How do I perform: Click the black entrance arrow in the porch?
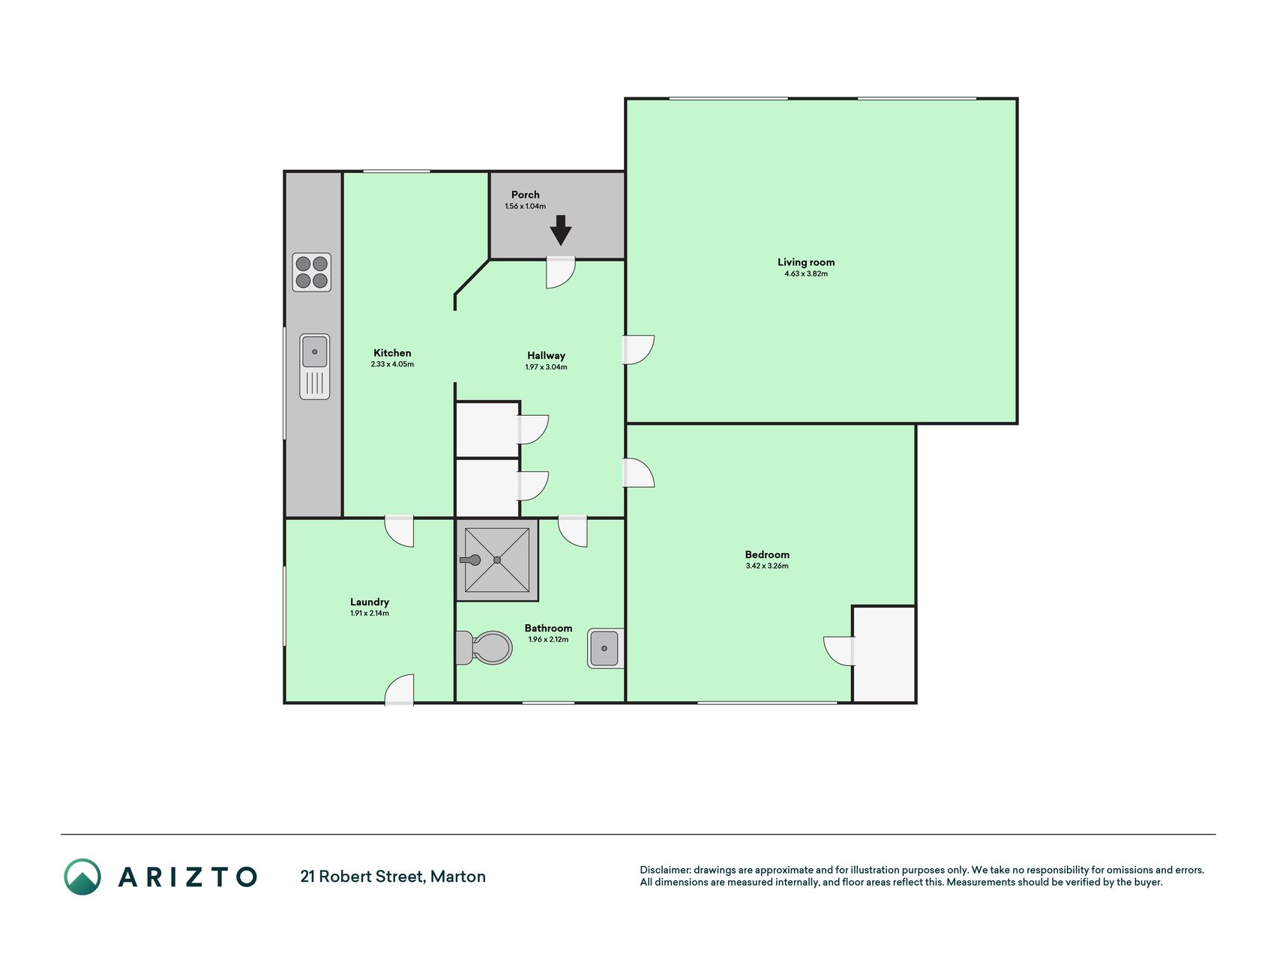point(560,230)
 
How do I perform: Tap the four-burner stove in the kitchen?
point(312,272)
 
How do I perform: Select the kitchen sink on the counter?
point(315,366)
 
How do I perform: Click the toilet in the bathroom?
point(484,647)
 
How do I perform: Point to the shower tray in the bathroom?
point(497,560)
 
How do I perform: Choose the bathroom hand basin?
point(606,648)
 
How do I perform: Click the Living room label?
point(806,262)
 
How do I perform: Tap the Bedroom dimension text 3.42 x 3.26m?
point(767,566)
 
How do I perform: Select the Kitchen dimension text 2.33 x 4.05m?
point(392,365)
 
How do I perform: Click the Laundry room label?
point(370,602)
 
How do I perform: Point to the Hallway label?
point(546,356)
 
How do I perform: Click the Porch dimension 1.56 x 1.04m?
point(526,206)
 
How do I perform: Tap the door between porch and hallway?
point(560,273)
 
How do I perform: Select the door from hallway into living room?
point(639,350)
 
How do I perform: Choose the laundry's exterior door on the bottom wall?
point(399,689)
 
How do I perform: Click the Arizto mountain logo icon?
point(82,877)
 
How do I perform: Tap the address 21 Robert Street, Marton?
point(393,877)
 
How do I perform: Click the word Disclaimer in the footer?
point(665,870)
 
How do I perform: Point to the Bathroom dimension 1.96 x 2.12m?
point(548,640)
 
